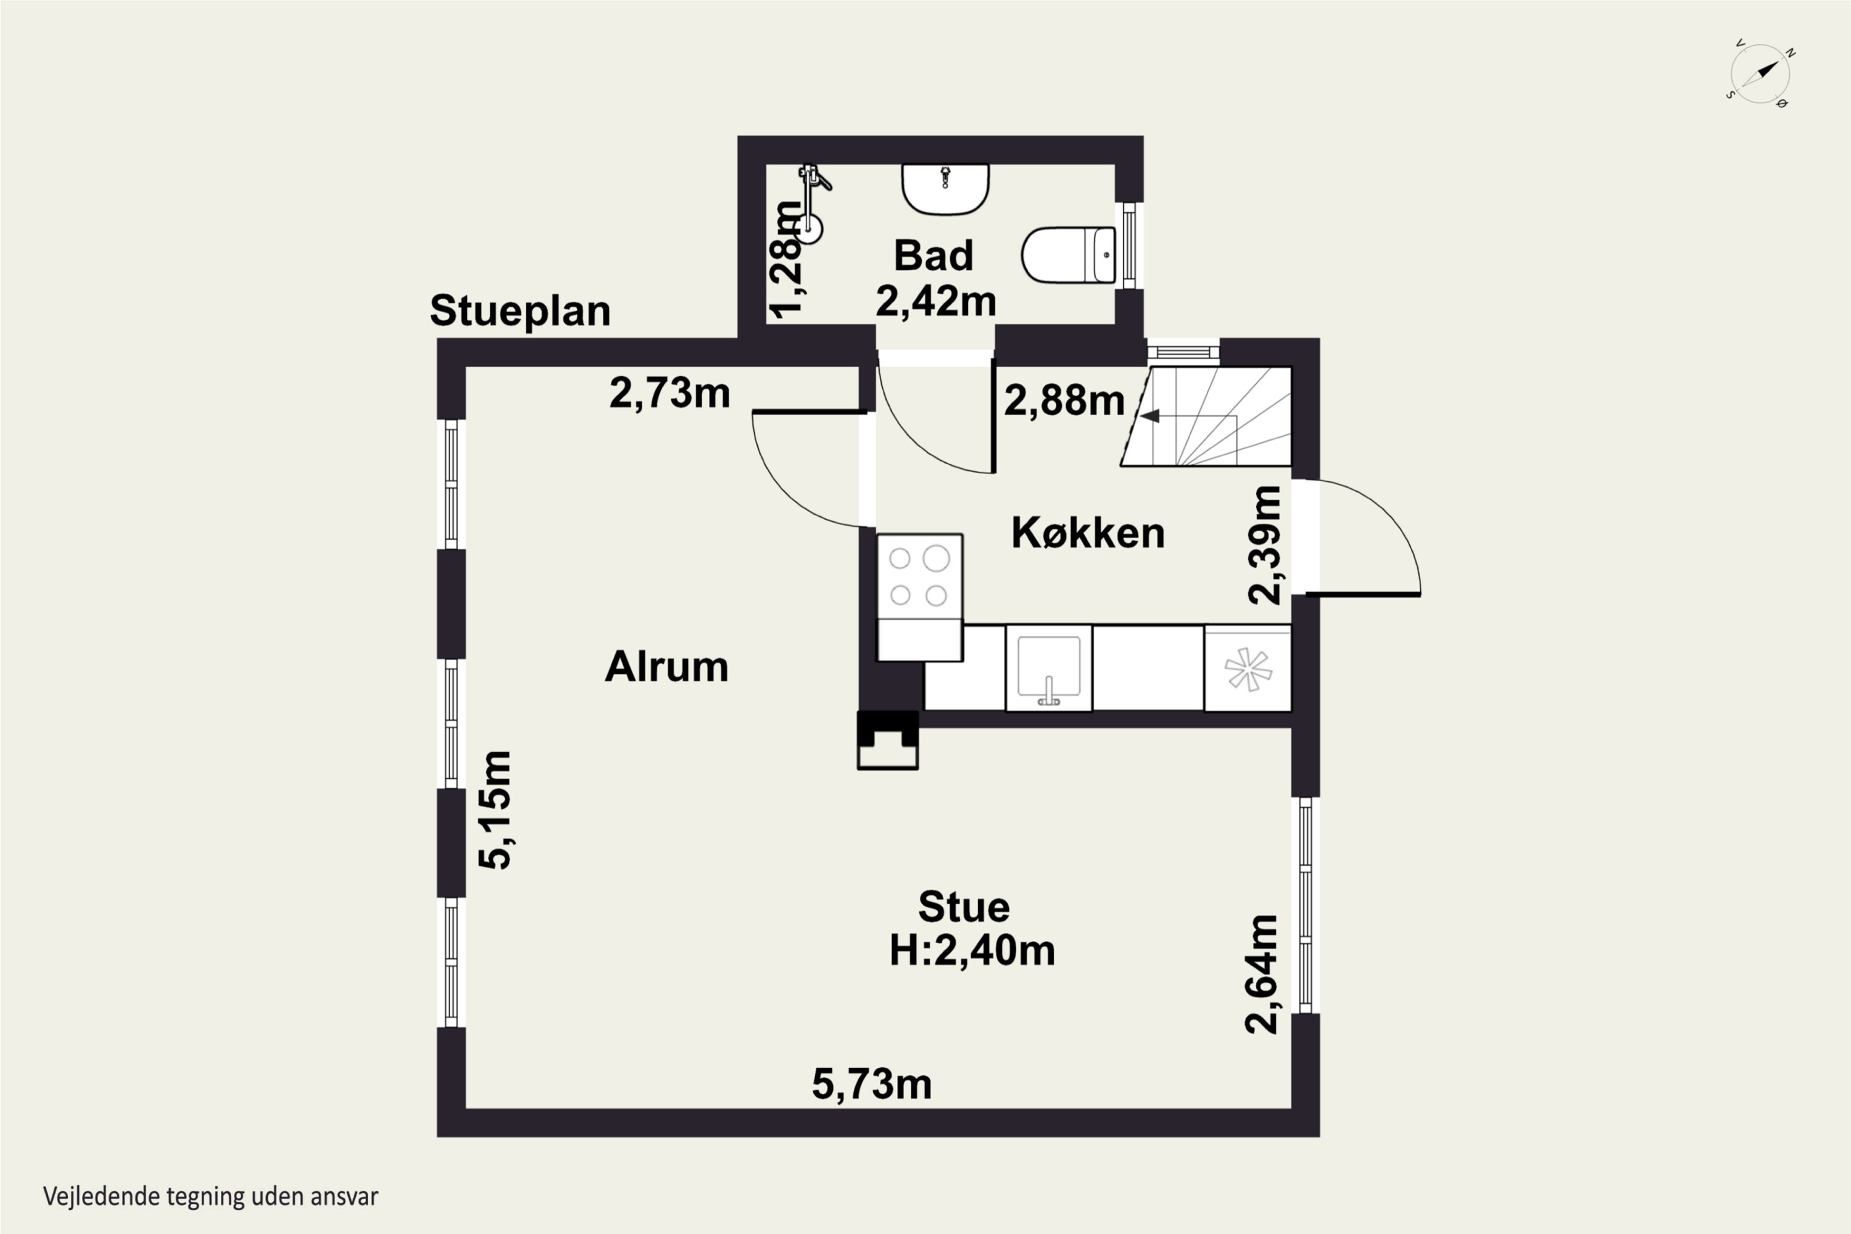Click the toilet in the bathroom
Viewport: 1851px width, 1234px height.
(x=1069, y=255)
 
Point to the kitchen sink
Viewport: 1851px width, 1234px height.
(x=1048, y=668)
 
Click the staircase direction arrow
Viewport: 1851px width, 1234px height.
(x=1150, y=415)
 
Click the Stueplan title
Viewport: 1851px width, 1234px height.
(x=520, y=311)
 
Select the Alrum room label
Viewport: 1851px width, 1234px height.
(x=666, y=666)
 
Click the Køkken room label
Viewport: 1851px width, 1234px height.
(x=1088, y=533)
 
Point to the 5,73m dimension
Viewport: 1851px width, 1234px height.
(x=872, y=1085)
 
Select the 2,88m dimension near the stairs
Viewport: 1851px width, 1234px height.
(x=1064, y=400)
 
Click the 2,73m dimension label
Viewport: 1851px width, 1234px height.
(x=669, y=392)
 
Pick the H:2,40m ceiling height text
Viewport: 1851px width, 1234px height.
(x=972, y=951)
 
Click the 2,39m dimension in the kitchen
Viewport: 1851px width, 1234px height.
(x=1265, y=545)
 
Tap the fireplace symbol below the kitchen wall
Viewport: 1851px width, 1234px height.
(x=888, y=740)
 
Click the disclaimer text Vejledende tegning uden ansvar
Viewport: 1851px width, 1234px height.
(x=211, y=1197)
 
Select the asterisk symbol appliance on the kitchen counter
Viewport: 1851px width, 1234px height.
(x=1248, y=668)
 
